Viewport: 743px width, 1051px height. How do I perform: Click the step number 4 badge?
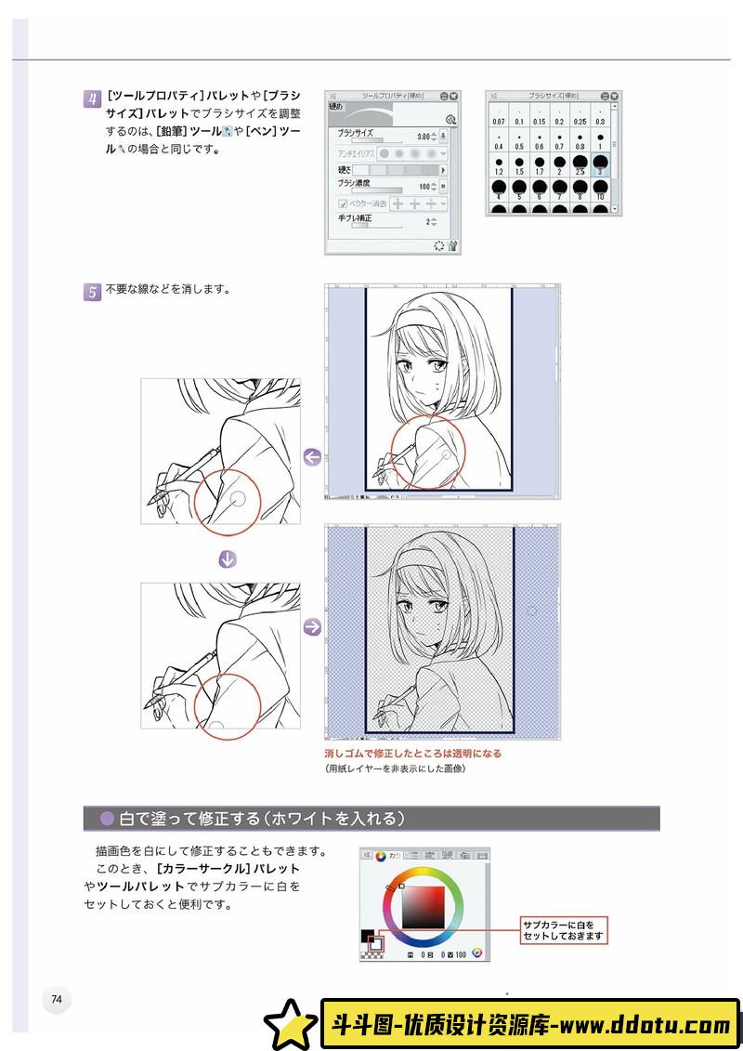[x=92, y=99]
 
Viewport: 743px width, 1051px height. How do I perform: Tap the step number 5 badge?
[x=92, y=292]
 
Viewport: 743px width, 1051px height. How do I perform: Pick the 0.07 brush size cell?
[x=498, y=115]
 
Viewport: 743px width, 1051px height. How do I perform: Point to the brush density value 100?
[x=424, y=187]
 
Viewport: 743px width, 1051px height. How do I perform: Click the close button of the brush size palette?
[x=614, y=96]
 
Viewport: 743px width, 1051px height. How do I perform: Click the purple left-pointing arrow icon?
[x=312, y=456]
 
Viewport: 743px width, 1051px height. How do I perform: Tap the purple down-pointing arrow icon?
[x=227, y=558]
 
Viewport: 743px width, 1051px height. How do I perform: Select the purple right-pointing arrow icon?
[x=312, y=627]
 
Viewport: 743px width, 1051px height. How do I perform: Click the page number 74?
[x=57, y=999]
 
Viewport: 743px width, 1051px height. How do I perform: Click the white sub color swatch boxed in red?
[x=376, y=944]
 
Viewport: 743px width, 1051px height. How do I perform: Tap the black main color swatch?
[x=367, y=936]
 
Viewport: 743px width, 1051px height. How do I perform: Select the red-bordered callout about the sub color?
[x=563, y=929]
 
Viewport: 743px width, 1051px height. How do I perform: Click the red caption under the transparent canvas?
[x=412, y=754]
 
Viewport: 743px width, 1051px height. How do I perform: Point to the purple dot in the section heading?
[x=107, y=819]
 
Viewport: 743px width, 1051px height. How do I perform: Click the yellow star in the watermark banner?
[x=290, y=1024]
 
